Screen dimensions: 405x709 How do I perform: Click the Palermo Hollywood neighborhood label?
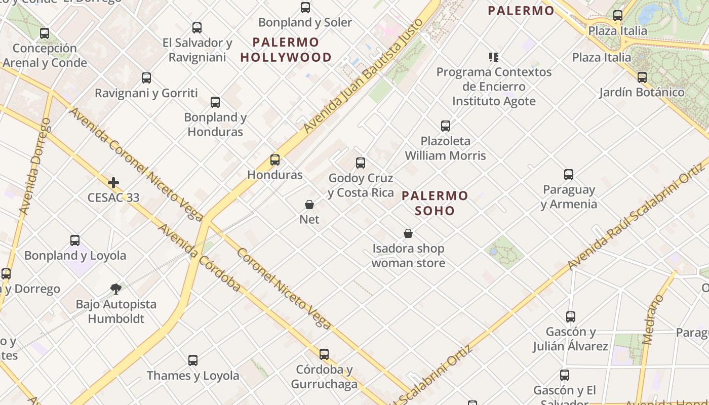pos(286,50)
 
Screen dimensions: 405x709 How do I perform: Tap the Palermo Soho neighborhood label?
pos(435,203)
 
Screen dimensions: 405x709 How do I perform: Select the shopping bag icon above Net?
pos(309,205)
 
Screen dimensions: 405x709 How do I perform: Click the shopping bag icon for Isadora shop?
pos(408,233)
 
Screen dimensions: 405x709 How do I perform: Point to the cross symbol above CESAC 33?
pos(113,182)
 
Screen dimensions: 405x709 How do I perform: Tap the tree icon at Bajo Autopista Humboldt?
pos(116,289)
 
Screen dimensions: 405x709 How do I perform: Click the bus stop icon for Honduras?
pos(275,160)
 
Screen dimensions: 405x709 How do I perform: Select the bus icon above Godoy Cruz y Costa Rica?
pos(361,163)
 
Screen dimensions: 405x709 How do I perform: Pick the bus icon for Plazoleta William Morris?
pos(446,126)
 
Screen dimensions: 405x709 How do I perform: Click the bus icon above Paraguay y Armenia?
pos(569,175)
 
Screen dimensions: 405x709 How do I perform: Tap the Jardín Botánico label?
pos(642,92)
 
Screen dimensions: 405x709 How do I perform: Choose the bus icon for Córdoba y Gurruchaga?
pos(324,354)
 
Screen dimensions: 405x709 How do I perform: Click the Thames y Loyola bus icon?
pos(193,360)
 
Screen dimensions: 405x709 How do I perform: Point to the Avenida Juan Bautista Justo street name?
pos(363,77)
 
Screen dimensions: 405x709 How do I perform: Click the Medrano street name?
pos(654,319)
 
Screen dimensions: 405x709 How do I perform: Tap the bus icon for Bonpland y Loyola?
pos(75,240)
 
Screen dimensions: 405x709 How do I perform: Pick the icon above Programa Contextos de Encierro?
pos(494,57)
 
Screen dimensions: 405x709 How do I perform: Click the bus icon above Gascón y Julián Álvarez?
pos(571,317)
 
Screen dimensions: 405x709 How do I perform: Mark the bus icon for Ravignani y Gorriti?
pos(146,78)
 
